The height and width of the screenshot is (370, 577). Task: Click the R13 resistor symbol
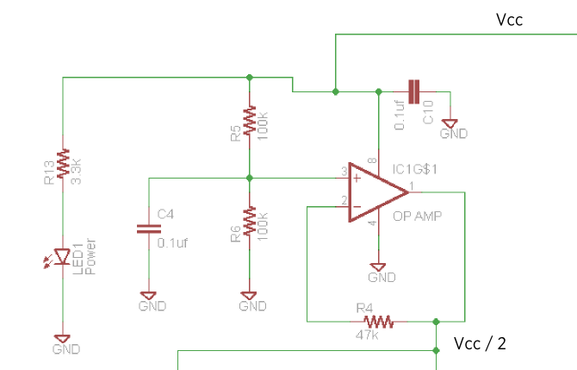click(63, 163)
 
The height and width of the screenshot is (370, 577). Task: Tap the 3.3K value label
click(76, 172)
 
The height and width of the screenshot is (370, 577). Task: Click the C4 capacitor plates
click(149, 229)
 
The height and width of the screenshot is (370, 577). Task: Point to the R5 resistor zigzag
click(250, 120)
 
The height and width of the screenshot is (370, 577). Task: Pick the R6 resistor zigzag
click(250, 221)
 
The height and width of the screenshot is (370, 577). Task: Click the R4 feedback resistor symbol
click(379, 322)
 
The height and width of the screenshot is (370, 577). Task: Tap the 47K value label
click(367, 335)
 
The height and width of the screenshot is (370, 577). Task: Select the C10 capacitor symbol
click(414, 91)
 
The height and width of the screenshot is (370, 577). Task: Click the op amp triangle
click(378, 192)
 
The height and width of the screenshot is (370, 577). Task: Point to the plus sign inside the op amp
click(357, 179)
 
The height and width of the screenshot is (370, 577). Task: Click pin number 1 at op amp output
click(412, 185)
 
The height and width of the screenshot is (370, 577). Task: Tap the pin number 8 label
click(372, 160)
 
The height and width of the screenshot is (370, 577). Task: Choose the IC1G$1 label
click(415, 169)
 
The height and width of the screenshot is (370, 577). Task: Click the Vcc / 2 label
click(480, 344)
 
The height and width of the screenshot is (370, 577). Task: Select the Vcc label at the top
click(509, 20)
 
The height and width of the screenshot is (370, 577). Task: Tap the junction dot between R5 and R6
click(250, 178)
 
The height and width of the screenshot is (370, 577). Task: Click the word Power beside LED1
click(90, 256)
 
